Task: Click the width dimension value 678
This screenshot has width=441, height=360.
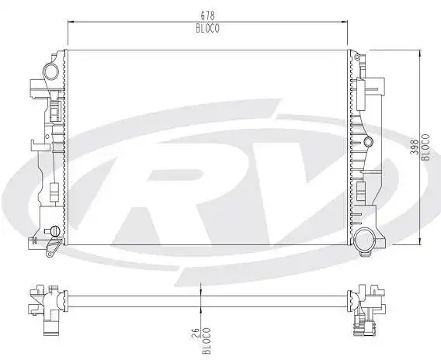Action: click(x=208, y=15)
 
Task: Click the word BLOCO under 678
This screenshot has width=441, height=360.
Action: click(x=208, y=28)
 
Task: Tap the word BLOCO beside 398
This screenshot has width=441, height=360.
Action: click(x=425, y=145)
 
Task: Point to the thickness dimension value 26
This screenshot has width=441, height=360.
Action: click(x=194, y=334)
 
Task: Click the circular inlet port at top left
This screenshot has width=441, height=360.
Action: click(x=50, y=72)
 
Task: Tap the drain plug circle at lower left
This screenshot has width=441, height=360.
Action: click(x=54, y=230)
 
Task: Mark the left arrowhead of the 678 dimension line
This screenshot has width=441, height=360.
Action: click(x=71, y=22)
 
